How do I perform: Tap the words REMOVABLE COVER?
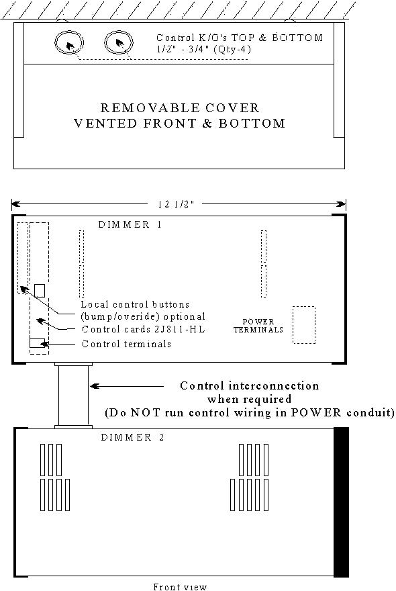(x=180, y=108)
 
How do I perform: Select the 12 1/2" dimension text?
(x=175, y=204)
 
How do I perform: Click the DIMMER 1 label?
(x=130, y=224)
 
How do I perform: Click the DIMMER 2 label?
(x=133, y=437)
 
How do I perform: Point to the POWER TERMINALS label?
(x=258, y=326)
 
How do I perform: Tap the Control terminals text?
(x=127, y=344)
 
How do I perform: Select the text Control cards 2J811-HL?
(x=144, y=330)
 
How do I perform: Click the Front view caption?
(x=180, y=586)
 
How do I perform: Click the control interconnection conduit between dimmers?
(x=59, y=396)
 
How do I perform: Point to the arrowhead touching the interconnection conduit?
(x=95, y=386)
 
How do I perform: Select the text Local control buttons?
(x=136, y=304)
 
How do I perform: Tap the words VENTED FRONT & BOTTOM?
(x=180, y=124)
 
